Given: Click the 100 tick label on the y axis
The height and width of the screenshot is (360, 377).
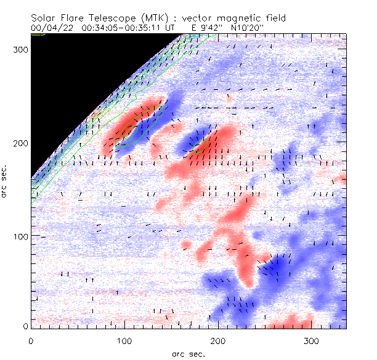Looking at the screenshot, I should pyautogui.click(x=20, y=236).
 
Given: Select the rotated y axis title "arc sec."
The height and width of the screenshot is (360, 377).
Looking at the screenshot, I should pyautogui.click(x=6, y=181).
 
